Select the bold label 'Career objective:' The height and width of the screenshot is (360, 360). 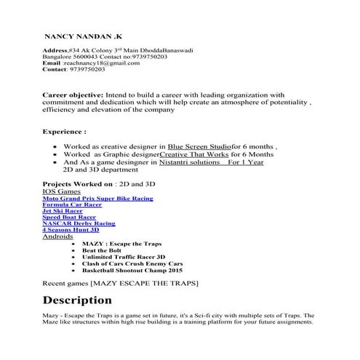click(73, 95)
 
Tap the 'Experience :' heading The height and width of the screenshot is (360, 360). click(65, 132)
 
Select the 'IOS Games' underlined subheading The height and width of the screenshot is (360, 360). click(61, 191)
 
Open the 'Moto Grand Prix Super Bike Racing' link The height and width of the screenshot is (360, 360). click(97, 198)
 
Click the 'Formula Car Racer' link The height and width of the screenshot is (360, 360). click(72, 205)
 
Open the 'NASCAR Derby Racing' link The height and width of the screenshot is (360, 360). click(79, 223)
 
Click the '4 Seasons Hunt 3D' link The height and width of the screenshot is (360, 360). click(71, 230)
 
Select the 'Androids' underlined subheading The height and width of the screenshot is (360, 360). click(57, 237)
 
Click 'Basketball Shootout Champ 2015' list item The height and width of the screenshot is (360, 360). click(132, 270)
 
